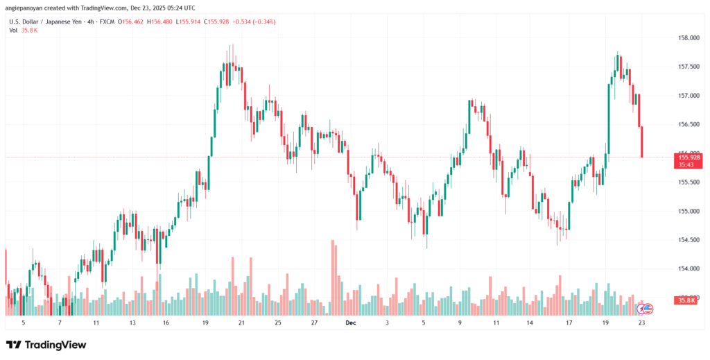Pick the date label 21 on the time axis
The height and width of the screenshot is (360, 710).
(x=241, y=323)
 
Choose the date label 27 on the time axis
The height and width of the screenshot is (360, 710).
(x=314, y=323)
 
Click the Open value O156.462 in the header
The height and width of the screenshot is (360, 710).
(x=132, y=22)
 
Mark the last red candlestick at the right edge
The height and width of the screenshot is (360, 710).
(x=642, y=142)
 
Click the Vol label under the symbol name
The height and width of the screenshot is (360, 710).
(x=13, y=31)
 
